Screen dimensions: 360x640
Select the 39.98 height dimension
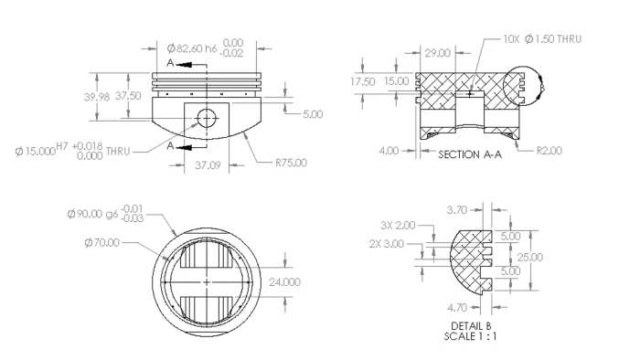[x=97, y=96]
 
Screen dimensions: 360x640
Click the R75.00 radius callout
[x=291, y=164]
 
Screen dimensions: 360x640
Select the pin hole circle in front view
[x=207, y=117]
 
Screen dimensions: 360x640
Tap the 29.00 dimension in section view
[x=438, y=53]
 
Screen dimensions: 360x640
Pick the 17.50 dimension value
[x=363, y=81]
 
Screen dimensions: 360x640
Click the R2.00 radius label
[x=549, y=150]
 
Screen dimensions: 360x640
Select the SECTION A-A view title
[x=470, y=154]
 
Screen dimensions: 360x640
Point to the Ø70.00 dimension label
[x=101, y=242]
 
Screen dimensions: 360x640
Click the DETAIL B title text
[x=472, y=325]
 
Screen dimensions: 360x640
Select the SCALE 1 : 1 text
[x=472, y=336]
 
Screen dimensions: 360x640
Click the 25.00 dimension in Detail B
[x=528, y=258]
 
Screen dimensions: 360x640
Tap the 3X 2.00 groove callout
[x=397, y=225]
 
